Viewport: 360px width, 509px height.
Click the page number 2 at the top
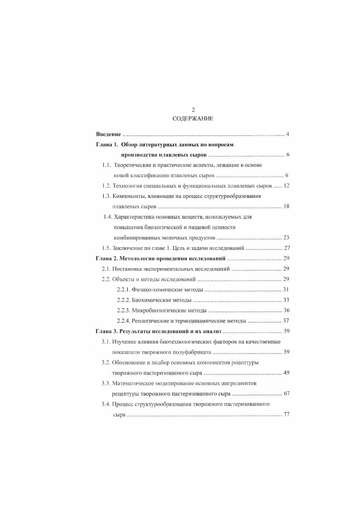click(193, 110)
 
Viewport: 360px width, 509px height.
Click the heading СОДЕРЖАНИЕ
click(193, 119)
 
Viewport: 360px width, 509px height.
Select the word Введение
click(109, 134)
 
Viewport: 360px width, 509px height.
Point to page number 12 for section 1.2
click(286, 186)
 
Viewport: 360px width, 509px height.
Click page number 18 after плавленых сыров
click(286, 206)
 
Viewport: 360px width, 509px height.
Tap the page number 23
click(286, 237)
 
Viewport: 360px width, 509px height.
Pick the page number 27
click(286, 248)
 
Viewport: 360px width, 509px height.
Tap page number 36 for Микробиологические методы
click(286, 310)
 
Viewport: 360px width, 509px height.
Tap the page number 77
click(286, 414)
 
